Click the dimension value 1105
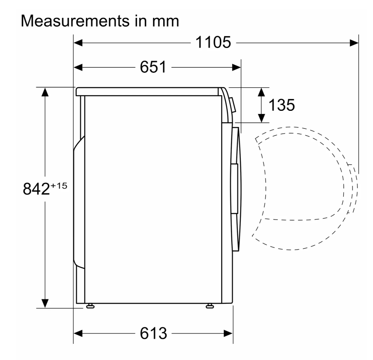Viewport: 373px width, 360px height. point(213,42)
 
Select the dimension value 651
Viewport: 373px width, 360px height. point(153,67)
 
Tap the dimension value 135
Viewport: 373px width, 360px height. point(282,105)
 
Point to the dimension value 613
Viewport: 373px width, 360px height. point(153,333)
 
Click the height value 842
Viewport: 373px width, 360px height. point(36,189)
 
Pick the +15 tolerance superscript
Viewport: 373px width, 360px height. point(59,185)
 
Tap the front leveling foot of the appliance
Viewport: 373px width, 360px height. point(209,306)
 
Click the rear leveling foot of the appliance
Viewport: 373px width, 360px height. point(90,306)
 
